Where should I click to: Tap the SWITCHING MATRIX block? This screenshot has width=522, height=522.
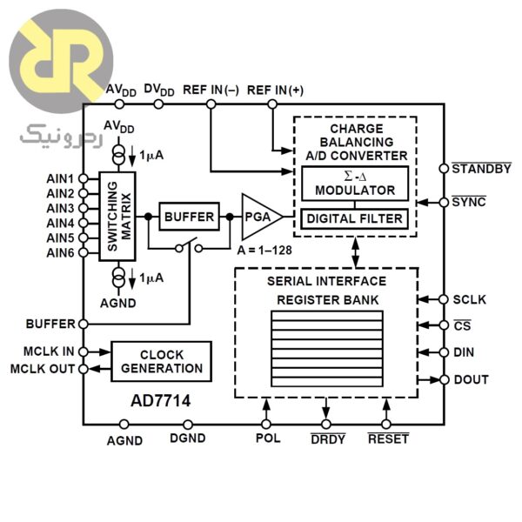[x=117, y=217]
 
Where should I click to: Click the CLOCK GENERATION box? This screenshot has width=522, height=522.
[x=161, y=361]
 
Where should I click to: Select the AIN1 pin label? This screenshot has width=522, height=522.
[x=60, y=178]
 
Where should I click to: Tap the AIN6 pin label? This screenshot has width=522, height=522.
[x=60, y=252]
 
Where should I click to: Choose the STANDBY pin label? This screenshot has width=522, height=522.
[x=481, y=169]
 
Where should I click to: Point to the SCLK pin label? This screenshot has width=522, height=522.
[x=470, y=300]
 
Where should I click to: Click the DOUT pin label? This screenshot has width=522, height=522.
[x=471, y=380]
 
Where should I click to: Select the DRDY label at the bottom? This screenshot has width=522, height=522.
[x=327, y=439]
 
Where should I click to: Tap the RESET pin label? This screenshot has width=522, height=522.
[x=387, y=439]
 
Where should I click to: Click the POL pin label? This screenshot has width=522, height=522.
[x=268, y=438]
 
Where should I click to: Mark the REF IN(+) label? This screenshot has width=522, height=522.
[x=276, y=90]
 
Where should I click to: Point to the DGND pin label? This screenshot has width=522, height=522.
[x=188, y=439]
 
